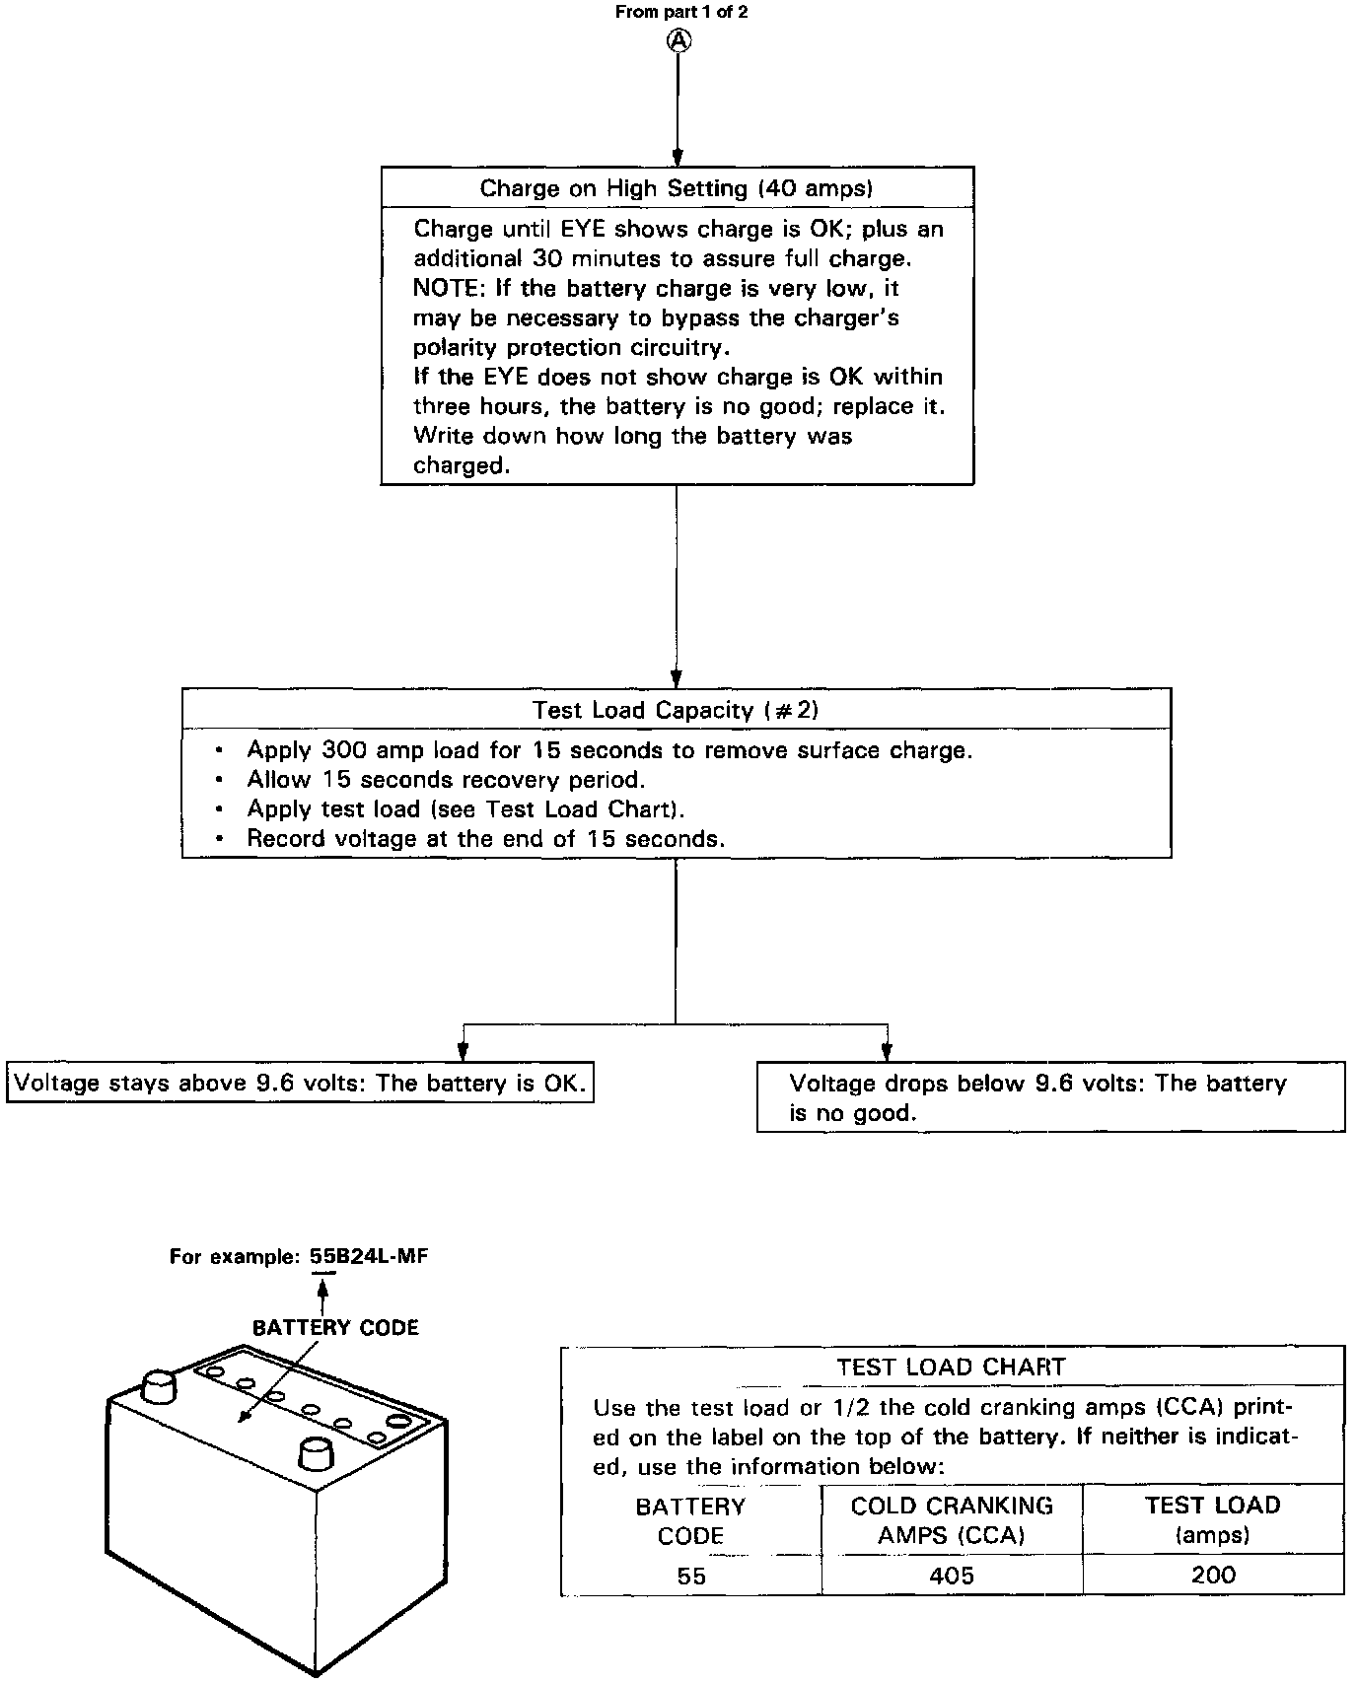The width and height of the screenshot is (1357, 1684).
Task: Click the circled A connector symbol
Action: coord(679,39)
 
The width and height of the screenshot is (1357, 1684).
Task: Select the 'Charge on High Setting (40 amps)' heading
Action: coord(677,188)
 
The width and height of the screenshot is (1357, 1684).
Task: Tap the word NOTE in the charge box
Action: coord(444,289)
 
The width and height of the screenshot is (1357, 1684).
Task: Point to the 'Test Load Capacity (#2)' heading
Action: coord(676,710)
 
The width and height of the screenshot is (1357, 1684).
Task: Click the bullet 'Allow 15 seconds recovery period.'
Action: coord(446,780)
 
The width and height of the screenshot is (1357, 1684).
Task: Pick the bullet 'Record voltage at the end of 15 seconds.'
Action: coord(485,839)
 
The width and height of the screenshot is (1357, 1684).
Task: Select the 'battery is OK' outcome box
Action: coord(300,1084)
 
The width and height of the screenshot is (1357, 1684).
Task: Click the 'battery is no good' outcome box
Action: coord(1050,1097)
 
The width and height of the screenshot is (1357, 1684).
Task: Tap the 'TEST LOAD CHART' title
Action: coord(951,1368)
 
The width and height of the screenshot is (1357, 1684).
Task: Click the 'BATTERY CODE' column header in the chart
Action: coord(690,1520)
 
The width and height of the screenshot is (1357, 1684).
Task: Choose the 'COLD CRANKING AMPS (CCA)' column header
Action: coord(952,1520)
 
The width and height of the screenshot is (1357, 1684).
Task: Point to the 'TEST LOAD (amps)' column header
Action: coord(1212,1520)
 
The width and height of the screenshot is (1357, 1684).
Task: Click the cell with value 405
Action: coord(952,1576)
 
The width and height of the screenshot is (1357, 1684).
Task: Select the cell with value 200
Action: coord(1212,1575)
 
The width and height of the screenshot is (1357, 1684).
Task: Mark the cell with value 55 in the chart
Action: coord(691,1576)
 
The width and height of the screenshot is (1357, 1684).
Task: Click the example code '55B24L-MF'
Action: coord(369,1256)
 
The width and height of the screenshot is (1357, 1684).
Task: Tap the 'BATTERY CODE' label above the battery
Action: coord(335,1328)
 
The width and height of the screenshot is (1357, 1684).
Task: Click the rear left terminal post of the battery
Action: coord(159,1385)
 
